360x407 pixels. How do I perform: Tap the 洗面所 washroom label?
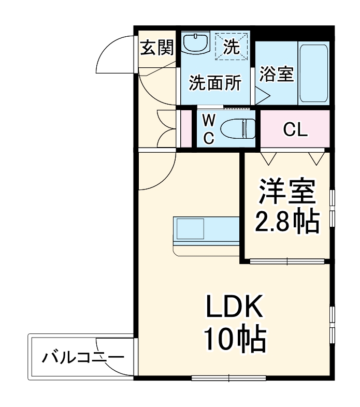214,83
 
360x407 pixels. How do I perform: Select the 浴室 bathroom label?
277,73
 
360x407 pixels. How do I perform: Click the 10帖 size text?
235,340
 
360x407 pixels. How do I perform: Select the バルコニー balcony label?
83,358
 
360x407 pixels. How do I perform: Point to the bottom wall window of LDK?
228,377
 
